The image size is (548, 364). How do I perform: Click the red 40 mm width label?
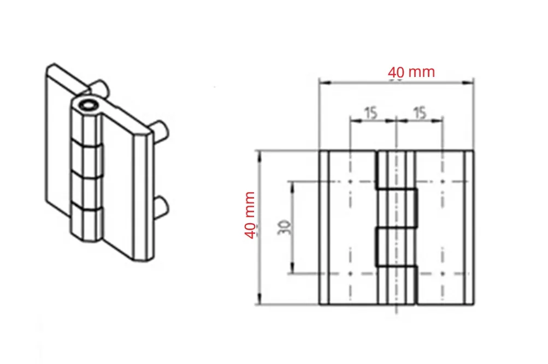(411, 72)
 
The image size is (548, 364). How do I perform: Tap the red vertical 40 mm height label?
(250, 215)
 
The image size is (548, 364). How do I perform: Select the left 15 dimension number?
(371, 113)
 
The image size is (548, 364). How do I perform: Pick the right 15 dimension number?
(420, 113)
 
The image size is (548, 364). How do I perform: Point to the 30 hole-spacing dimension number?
(285, 227)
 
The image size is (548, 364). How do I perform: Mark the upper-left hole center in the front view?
(350, 182)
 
